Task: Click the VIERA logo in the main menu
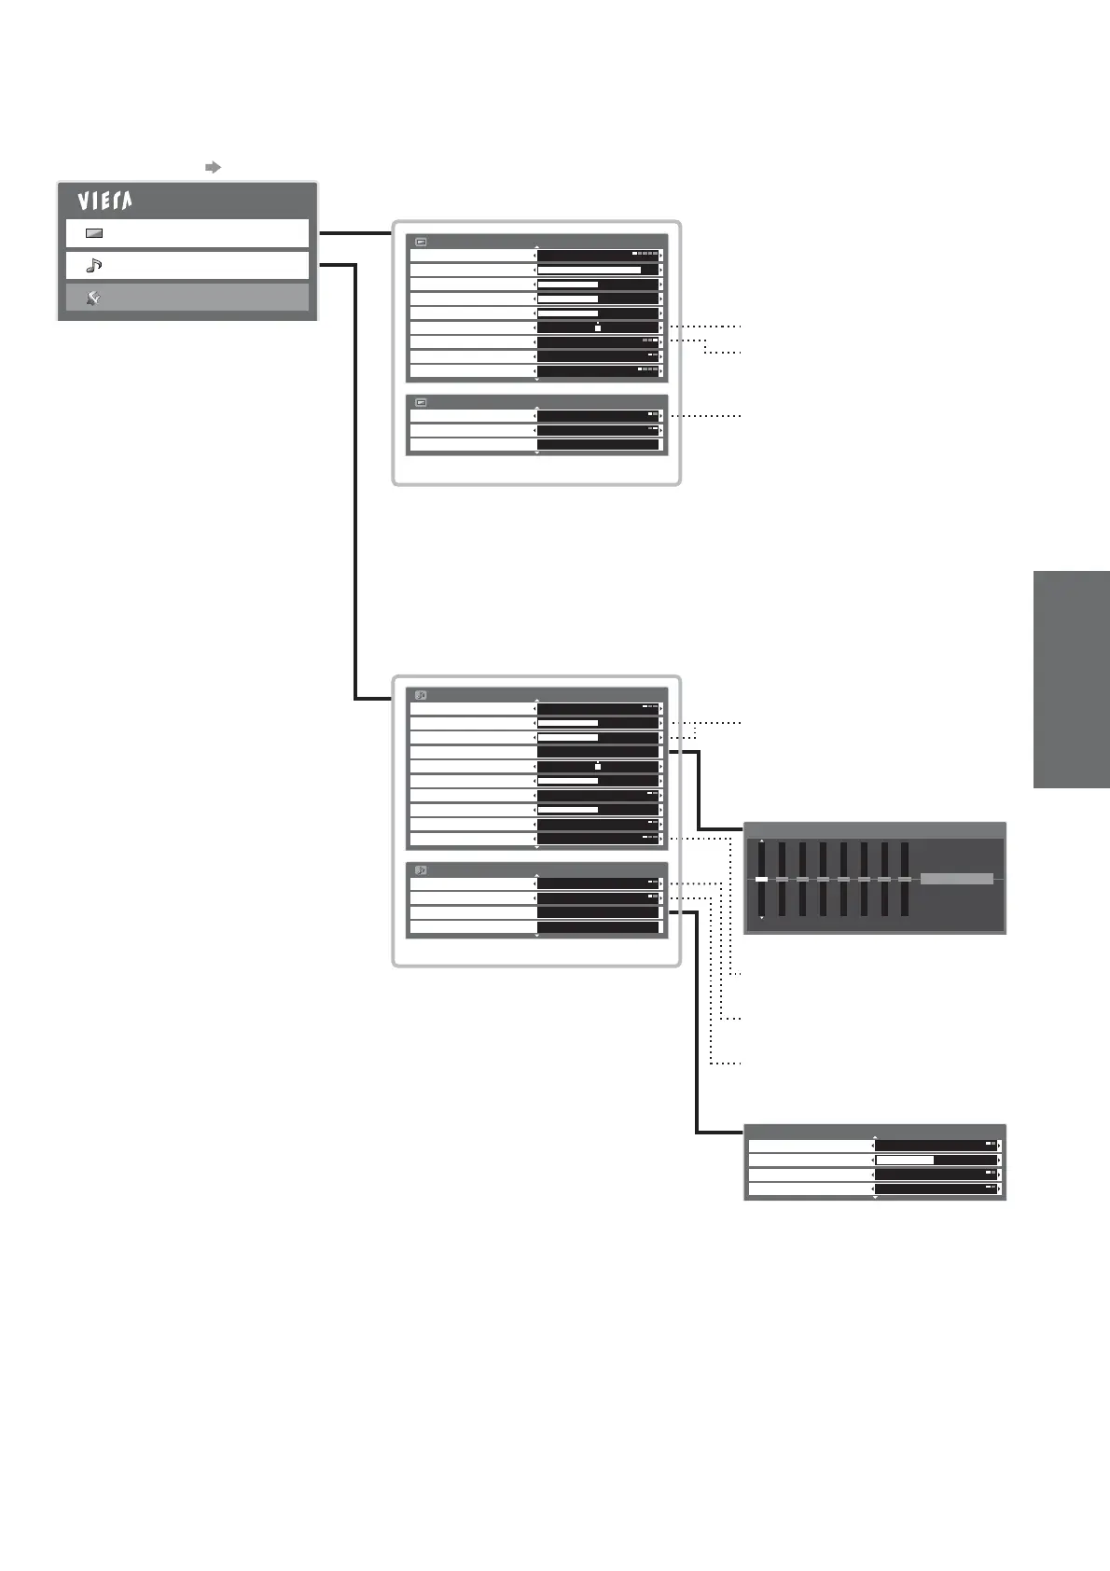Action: coord(104,201)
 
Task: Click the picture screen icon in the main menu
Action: coord(93,233)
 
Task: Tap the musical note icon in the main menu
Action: coord(93,266)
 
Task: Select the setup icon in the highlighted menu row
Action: coord(93,298)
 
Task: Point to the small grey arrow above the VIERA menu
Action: coord(213,167)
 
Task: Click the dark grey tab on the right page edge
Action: coord(1071,679)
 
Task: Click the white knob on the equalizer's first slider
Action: coord(762,879)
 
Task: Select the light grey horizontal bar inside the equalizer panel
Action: coord(956,879)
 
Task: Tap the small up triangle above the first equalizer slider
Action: coord(762,841)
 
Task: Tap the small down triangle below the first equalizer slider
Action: coord(762,918)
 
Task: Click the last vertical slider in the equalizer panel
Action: coord(905,879)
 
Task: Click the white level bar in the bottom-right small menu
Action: coord(904,1160)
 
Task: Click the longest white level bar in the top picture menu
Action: coord(589,270)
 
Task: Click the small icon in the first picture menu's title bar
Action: coord(421,242)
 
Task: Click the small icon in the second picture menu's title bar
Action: coord(421,402)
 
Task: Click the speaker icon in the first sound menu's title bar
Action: coord(421,695)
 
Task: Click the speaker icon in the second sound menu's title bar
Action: coord(421,869)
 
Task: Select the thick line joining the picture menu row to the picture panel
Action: coord(354,233)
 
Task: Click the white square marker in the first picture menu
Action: coord(598,328)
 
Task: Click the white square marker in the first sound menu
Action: coord(598,767)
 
